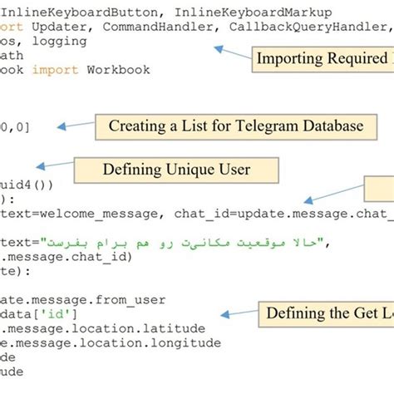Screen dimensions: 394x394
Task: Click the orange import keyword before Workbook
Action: coord(52,70)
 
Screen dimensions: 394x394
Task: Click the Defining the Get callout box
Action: coord(324,313)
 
